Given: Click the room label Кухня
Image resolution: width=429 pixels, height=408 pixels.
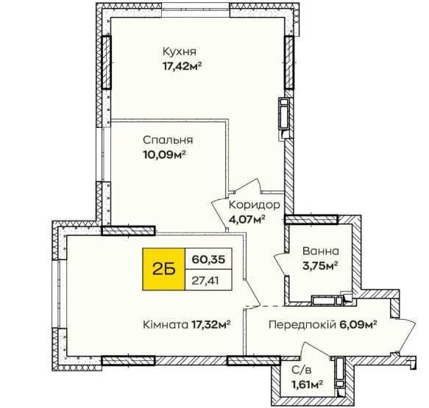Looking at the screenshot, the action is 180,51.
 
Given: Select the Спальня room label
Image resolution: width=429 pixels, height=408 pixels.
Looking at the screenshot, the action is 168,140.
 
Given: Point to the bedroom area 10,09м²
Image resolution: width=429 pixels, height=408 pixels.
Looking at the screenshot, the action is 164,155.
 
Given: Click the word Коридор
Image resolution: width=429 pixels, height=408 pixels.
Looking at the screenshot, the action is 255,204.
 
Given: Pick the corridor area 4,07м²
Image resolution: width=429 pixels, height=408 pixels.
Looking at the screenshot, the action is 247,219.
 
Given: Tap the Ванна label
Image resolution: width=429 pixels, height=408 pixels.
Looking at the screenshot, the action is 321,251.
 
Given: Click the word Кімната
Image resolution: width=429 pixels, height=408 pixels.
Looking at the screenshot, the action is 166,325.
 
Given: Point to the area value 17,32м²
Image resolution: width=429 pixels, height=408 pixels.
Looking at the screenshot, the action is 210,325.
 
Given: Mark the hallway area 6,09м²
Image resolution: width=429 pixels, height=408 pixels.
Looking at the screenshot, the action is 358,325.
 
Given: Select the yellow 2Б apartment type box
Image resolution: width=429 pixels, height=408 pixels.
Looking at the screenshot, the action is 163,269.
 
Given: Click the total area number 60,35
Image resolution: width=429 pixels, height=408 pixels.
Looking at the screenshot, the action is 208,259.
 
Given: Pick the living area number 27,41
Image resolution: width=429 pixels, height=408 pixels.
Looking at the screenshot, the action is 205,280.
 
